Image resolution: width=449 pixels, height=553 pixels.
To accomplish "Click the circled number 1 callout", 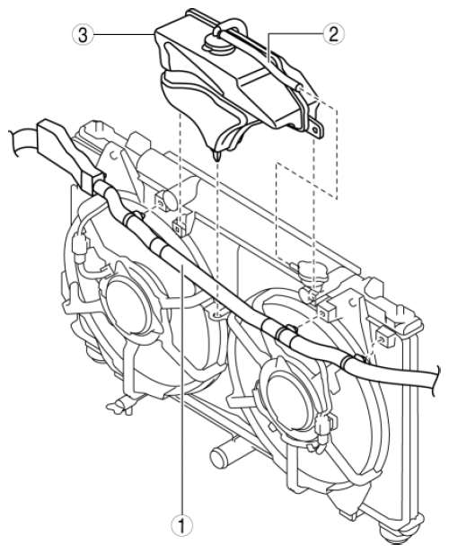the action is tap(182, 526).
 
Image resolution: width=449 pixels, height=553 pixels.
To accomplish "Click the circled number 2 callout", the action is tap(333, 34).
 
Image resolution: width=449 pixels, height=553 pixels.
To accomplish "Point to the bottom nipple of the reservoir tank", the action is tap(217, 155).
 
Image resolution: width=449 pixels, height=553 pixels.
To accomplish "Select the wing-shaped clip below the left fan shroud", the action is tap(120, 406).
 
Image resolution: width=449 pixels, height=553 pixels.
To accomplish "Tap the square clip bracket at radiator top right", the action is tap(383, 336).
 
